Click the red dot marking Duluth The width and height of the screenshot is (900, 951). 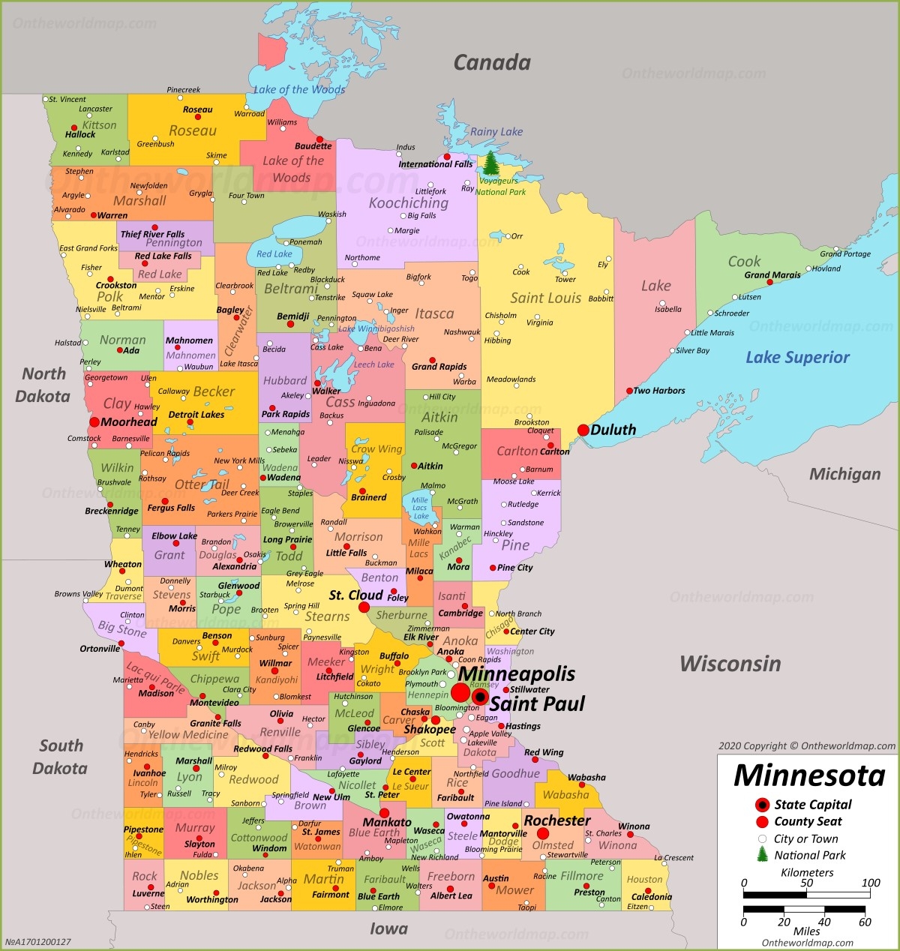tap(583, 430)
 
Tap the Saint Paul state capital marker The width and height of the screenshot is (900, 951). tap(480, 697)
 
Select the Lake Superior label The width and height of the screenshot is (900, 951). tap(797, 358)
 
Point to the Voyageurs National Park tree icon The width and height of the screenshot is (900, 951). tap(490, 163)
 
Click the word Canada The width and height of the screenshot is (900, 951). tap(492, 63)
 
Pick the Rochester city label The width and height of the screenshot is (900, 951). tap(556, 820)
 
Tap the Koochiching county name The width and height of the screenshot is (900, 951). tap(408, 202)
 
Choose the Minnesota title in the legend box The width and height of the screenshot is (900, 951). tap(809, 775)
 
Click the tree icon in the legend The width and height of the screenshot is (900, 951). tap(762, 854)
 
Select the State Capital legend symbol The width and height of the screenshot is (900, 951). tap(762, 805)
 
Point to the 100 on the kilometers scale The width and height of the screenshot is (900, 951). tap(871, 883)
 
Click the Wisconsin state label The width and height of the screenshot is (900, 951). tap(730, 664)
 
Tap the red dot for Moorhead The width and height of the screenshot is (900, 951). tap(94, 422)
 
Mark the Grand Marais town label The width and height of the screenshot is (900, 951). tap(772, 275)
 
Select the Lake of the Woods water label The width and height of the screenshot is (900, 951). tap(299, 90)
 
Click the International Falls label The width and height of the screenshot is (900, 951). tap(436, 164)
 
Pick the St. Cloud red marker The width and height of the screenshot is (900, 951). tap(364, 607)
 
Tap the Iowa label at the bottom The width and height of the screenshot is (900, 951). tap(388, 929)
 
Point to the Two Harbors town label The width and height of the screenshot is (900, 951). tap(658, 391)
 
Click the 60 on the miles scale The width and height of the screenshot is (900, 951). tap(865, 922)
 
